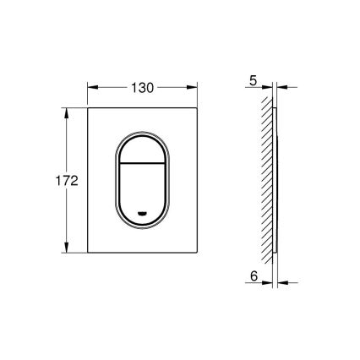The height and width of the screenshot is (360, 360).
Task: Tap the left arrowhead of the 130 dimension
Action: (90, 86)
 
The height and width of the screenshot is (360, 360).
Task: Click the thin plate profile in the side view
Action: (275, 181)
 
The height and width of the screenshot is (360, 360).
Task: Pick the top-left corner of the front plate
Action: (87, 108)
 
